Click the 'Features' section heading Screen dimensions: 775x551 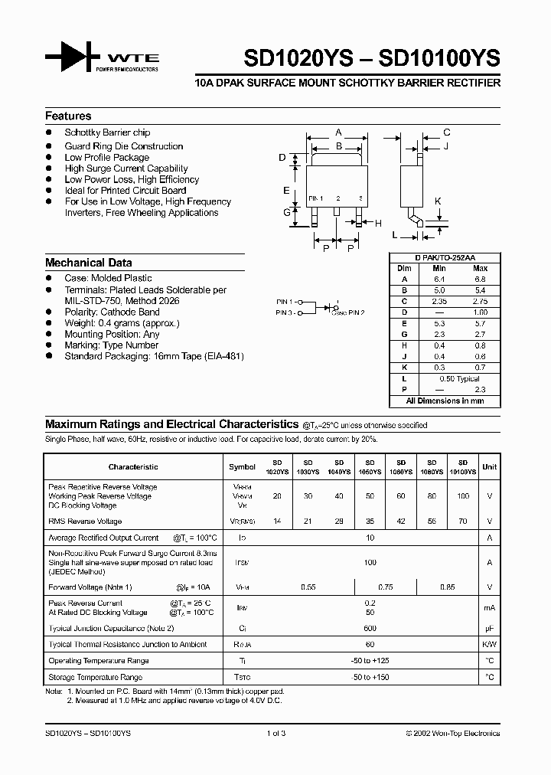coord(68,116)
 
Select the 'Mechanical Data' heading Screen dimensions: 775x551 coord(88,262)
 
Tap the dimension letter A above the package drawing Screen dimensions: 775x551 coord(338,132)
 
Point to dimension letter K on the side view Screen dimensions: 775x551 coord(438,201)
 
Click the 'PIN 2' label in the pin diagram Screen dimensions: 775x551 coord(353,313)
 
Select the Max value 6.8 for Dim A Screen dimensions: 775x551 coord(480,280)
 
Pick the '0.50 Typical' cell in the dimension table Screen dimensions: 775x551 coord(459,379)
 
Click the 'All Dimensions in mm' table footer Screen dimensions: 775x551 coord(444,401)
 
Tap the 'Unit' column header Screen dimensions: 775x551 coord(489,466)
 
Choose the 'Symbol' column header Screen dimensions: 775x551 coord(242,466)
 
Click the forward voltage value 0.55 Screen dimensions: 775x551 coord(308,587)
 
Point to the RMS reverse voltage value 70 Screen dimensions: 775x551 coord(463,522)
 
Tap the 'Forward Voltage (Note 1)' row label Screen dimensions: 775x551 coord(90,587)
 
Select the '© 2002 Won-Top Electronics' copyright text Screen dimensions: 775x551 coord(452,733)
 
